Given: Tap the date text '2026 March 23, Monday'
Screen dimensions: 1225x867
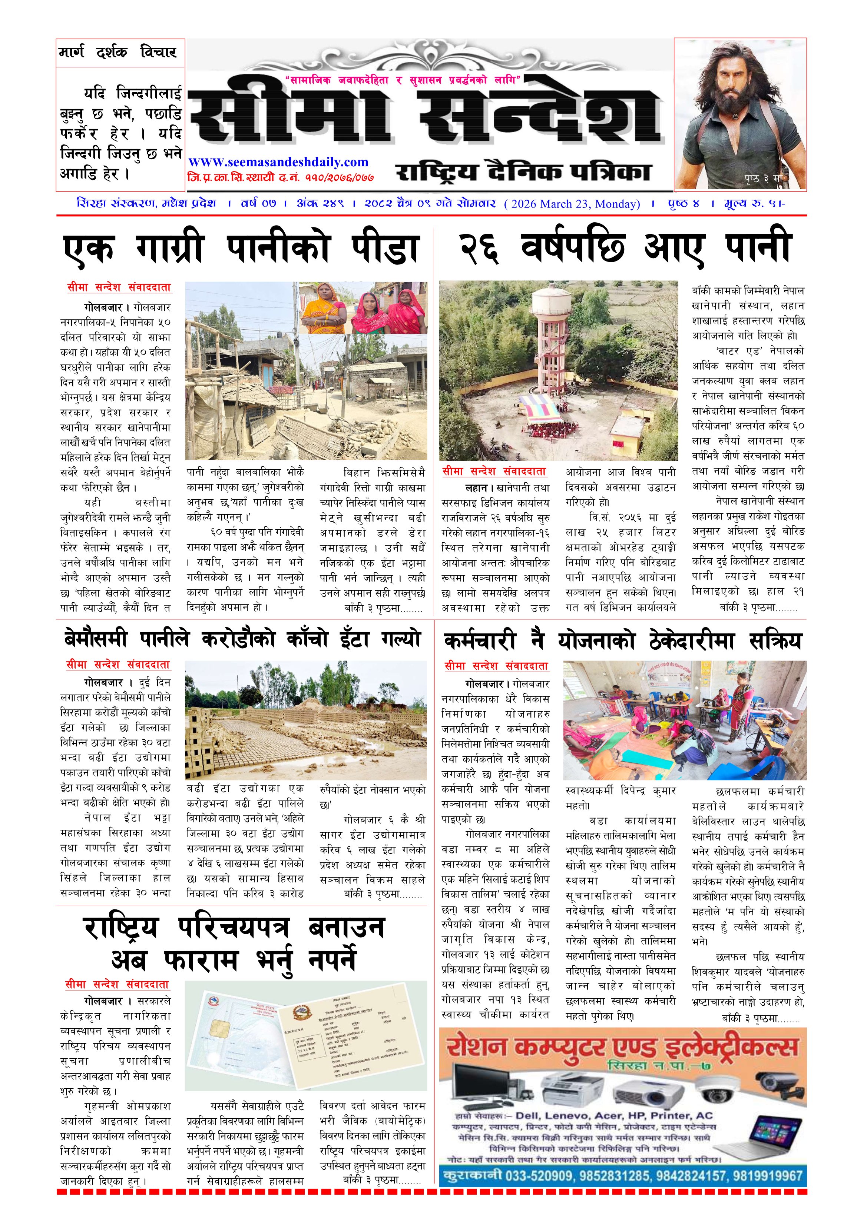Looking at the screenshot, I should (x=572, y=204).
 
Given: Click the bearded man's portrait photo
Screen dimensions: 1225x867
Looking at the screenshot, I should (x=739, y=114).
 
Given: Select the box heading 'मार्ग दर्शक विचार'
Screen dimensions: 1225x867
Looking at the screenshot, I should (x=118, y=52).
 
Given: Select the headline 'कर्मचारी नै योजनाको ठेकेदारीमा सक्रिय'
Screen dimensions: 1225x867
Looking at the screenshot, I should (x=622, y=640).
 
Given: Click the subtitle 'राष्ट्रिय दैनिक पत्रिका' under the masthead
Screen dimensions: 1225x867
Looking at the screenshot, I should (x=523, y=172).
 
